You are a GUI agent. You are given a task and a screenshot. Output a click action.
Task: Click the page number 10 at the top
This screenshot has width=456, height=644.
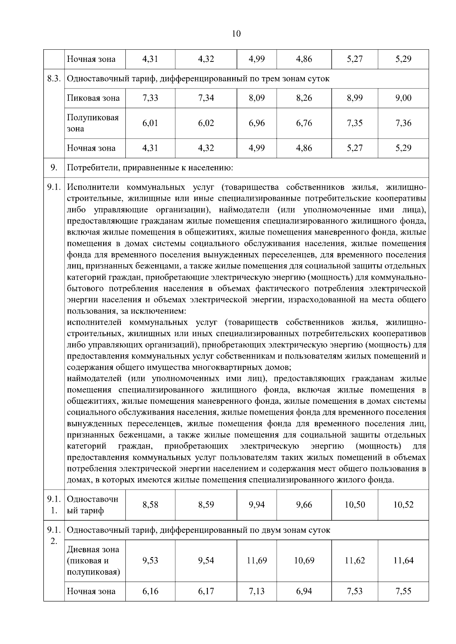click(x=236, y=34)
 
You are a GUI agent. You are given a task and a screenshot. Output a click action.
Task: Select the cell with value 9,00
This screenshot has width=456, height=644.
click(x=403, y=98)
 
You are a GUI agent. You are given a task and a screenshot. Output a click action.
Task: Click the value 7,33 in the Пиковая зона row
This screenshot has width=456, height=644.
click(x=150, y=98)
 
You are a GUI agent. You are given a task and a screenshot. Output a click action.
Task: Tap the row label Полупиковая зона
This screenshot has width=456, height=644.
click(x=93, y=123)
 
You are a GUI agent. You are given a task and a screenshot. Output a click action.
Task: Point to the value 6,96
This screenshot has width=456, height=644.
click(x=256, y=123)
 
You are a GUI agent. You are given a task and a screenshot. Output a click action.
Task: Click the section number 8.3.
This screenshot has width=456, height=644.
click(x=54, y=79)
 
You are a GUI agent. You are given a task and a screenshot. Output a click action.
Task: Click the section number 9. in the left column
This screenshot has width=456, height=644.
click(x=54, y=168)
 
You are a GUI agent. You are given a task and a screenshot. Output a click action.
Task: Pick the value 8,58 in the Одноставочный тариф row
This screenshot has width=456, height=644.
click(x=150, y=505)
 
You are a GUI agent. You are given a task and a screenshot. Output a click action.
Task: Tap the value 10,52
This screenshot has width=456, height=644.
click(x=403, y=505)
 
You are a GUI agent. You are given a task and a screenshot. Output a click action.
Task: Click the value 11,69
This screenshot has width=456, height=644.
click(x=256, y=561)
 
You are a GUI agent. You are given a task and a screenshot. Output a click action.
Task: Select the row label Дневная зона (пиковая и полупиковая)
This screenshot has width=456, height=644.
click(x=93, y=561)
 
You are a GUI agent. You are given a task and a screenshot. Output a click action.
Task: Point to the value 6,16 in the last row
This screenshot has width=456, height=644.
click(x=150, y=591)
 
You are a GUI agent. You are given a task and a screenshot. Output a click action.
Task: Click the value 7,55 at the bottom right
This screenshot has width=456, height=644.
click(x=403, y=591)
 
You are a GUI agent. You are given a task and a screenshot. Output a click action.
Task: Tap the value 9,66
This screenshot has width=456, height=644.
click(x=304, y=505)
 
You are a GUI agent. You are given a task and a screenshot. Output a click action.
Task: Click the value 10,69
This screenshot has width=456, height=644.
click(x=304, y=561)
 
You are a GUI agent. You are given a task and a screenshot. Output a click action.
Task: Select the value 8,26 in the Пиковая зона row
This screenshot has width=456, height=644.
click(x=304, y=98)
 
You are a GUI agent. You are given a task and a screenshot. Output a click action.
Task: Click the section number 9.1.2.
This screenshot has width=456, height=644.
click(x=54, y=535)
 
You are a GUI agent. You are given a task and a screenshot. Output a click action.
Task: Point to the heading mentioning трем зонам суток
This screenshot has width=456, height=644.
click(x=198, y=79)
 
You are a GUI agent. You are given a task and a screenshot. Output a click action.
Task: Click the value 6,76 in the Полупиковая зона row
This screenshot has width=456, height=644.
click(x=304, y=123)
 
